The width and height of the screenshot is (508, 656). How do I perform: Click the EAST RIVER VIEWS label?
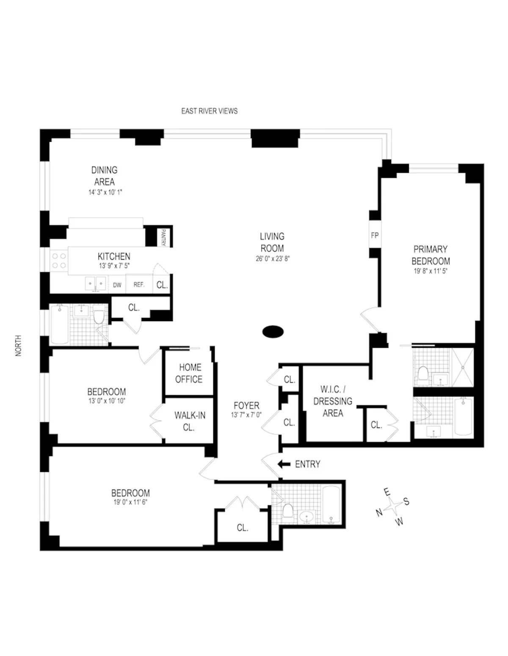[209, 111]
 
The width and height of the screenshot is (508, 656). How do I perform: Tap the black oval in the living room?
[273, 331]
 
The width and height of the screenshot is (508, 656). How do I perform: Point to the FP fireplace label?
[375, 235]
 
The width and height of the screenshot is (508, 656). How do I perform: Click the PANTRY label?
[163, 237]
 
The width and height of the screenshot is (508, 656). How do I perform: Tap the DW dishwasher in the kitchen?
[117, 285]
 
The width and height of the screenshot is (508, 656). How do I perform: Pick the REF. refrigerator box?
[139, 285]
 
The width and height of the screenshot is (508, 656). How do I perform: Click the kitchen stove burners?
[58, 261]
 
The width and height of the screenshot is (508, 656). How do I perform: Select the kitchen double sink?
[95, 284]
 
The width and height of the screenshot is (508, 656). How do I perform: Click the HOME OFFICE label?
[189, 373]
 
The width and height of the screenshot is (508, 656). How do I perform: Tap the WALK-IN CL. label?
[189, 421]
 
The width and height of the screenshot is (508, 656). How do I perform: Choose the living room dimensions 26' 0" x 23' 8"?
[272, 259]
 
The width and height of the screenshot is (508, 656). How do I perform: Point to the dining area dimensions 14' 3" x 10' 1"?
[104, 192]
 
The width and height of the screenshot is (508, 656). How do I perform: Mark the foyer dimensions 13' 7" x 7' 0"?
[246, 415]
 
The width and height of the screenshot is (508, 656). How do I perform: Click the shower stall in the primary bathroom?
[463, 367]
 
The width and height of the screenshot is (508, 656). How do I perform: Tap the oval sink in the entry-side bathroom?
[307, 516]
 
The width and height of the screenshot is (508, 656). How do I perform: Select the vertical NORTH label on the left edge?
[18, 346]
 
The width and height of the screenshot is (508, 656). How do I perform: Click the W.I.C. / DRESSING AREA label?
[333, 401]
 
